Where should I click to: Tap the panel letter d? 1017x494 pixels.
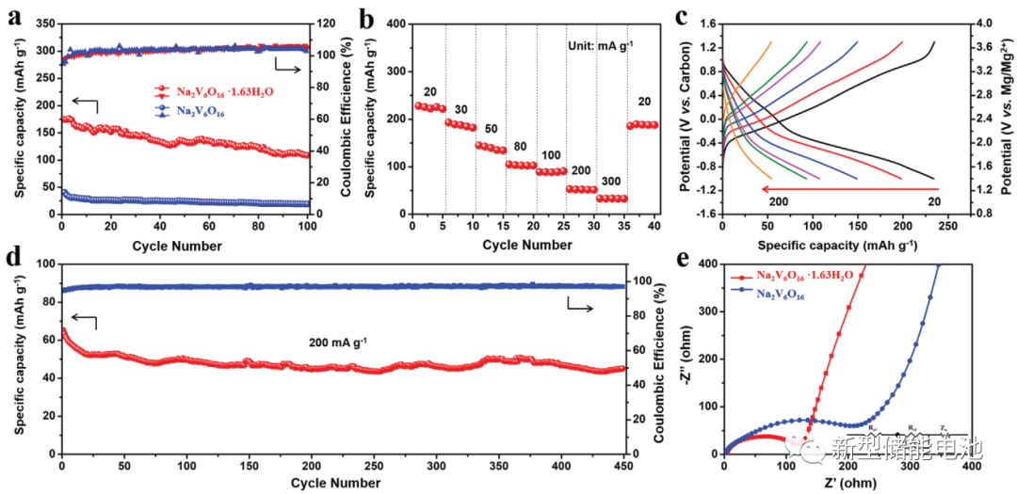tap(13, 256)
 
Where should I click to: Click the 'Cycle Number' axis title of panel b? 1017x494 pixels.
tap(527, 245)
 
